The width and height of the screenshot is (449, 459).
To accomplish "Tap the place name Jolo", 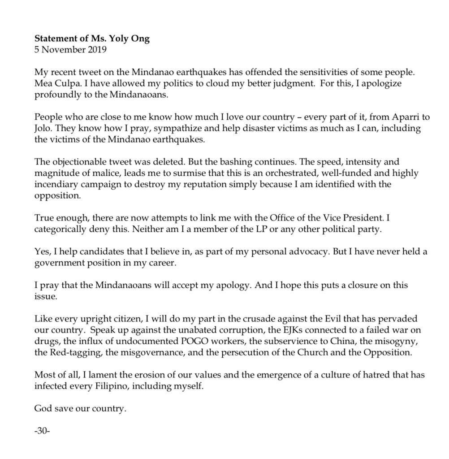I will pyautogui.click(x=43, y=129).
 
